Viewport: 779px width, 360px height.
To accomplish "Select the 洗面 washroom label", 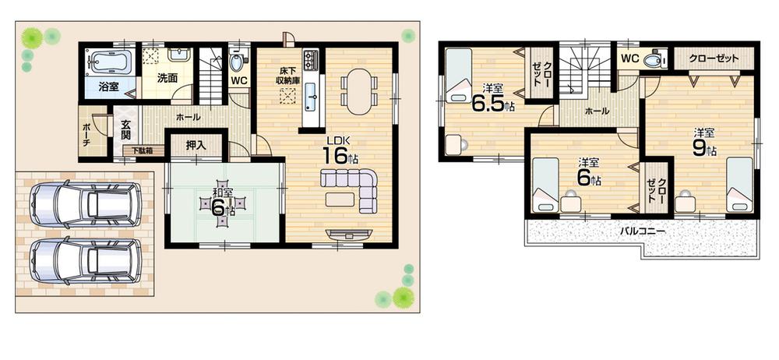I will [167, 78].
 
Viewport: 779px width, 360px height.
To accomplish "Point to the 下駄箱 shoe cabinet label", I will [142, 151].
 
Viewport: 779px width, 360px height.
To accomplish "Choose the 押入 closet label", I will [196, 146].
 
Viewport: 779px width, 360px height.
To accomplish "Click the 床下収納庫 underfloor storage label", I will [289, 76].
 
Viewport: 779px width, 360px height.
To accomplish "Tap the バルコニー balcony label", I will [642, 231].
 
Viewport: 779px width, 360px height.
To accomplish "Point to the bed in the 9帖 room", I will [738, 186].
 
